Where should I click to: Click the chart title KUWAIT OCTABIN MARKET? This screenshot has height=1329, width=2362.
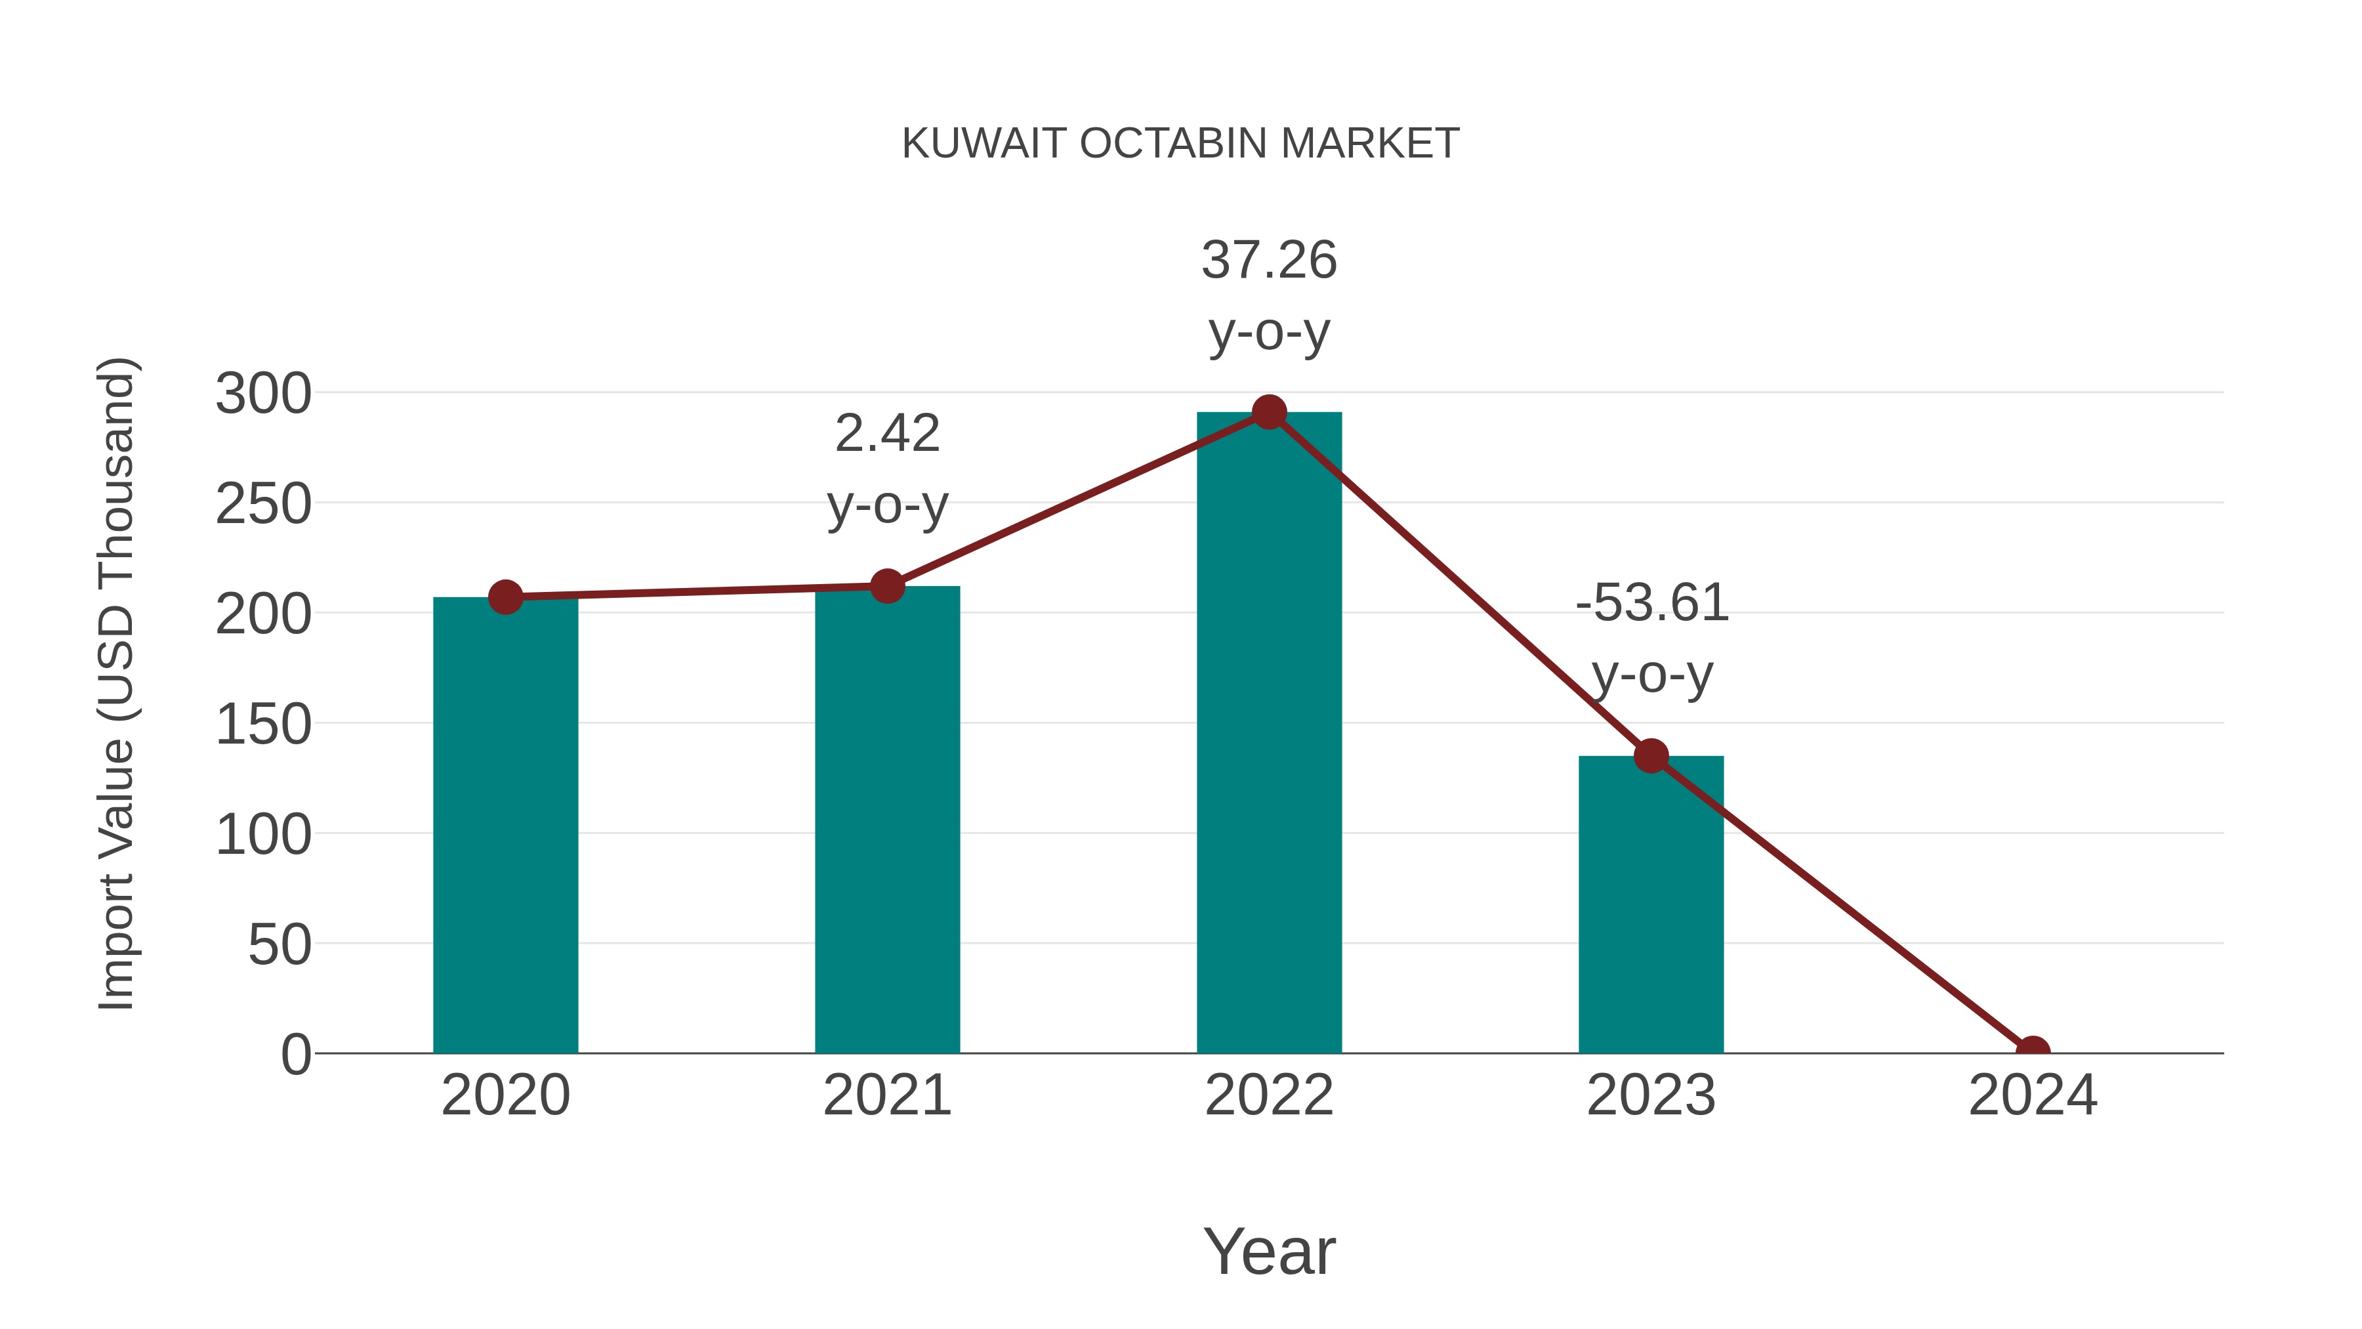point(1180,144)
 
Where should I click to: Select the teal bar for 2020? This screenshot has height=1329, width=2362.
point(505,826)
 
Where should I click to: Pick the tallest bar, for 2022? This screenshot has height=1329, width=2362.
point(1269,734)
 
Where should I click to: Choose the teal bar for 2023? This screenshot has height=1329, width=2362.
point(1651,904)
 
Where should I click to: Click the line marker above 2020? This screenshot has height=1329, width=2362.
point(505,597)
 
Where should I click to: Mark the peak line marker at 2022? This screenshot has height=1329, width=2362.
point(1269,413)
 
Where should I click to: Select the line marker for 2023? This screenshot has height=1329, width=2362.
point(1651,757)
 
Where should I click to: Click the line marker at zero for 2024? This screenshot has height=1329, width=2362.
point(2032,1051)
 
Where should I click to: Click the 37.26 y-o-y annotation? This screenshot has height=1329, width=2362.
point(1269,295)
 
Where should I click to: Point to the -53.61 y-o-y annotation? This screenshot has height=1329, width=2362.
point(1651,639)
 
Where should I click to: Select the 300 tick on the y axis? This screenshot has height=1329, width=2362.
point(263,394)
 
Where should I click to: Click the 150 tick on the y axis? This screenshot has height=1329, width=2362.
point(263,725)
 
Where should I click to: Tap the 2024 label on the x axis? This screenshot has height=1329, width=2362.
point(2032,1095)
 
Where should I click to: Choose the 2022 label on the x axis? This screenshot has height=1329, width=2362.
point(1269,1095)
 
